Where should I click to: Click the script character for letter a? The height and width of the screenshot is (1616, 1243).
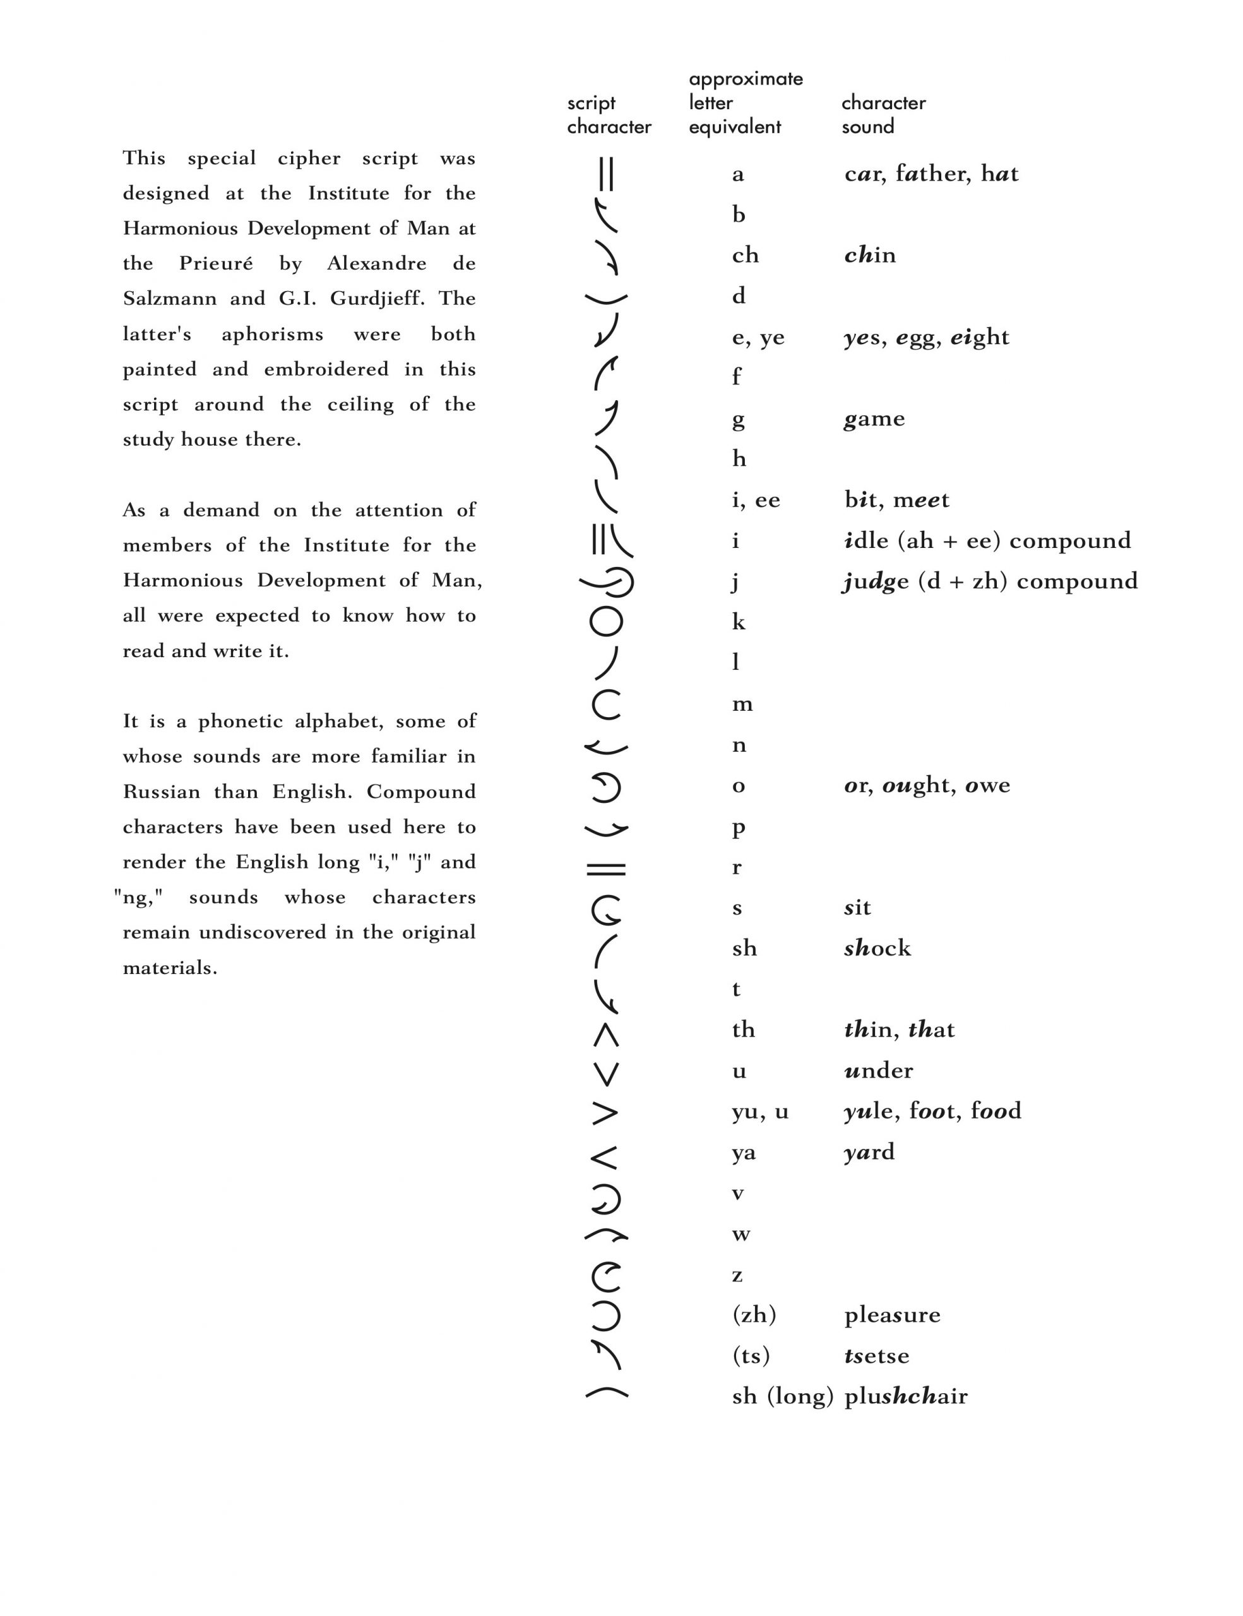[x=606, y=175]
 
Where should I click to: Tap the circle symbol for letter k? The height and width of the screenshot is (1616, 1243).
[x=606, y=622]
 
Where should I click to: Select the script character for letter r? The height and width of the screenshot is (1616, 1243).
[x=606, y=869]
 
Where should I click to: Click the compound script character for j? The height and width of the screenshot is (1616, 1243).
[x=607, y=582]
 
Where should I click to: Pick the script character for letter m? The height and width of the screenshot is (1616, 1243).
[x=606, y=704]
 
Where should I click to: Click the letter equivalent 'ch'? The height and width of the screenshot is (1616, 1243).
[x=745, y=255]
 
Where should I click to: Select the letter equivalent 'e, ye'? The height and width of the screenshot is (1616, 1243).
[x=758, y=338]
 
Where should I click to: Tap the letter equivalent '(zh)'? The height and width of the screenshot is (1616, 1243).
[x=754, y=1315]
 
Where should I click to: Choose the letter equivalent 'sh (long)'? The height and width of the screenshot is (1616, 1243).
[x=782, y=1396]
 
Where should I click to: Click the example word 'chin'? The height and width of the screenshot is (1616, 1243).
[x=869, y=255]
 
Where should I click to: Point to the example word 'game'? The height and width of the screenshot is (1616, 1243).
[x=874, y=419]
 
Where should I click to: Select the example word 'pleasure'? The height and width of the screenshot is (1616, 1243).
[x=892, y=1315]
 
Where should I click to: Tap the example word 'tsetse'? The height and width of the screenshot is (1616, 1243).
[x=877, y=1355]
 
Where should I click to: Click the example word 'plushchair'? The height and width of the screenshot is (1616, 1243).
[x=906, y=1396]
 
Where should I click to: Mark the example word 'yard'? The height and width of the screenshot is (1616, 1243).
[x=869, y=1151]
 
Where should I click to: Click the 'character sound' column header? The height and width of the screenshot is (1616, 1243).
[x=883, y=114]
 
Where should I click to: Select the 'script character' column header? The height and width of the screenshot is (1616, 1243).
[x=609, y=115]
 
